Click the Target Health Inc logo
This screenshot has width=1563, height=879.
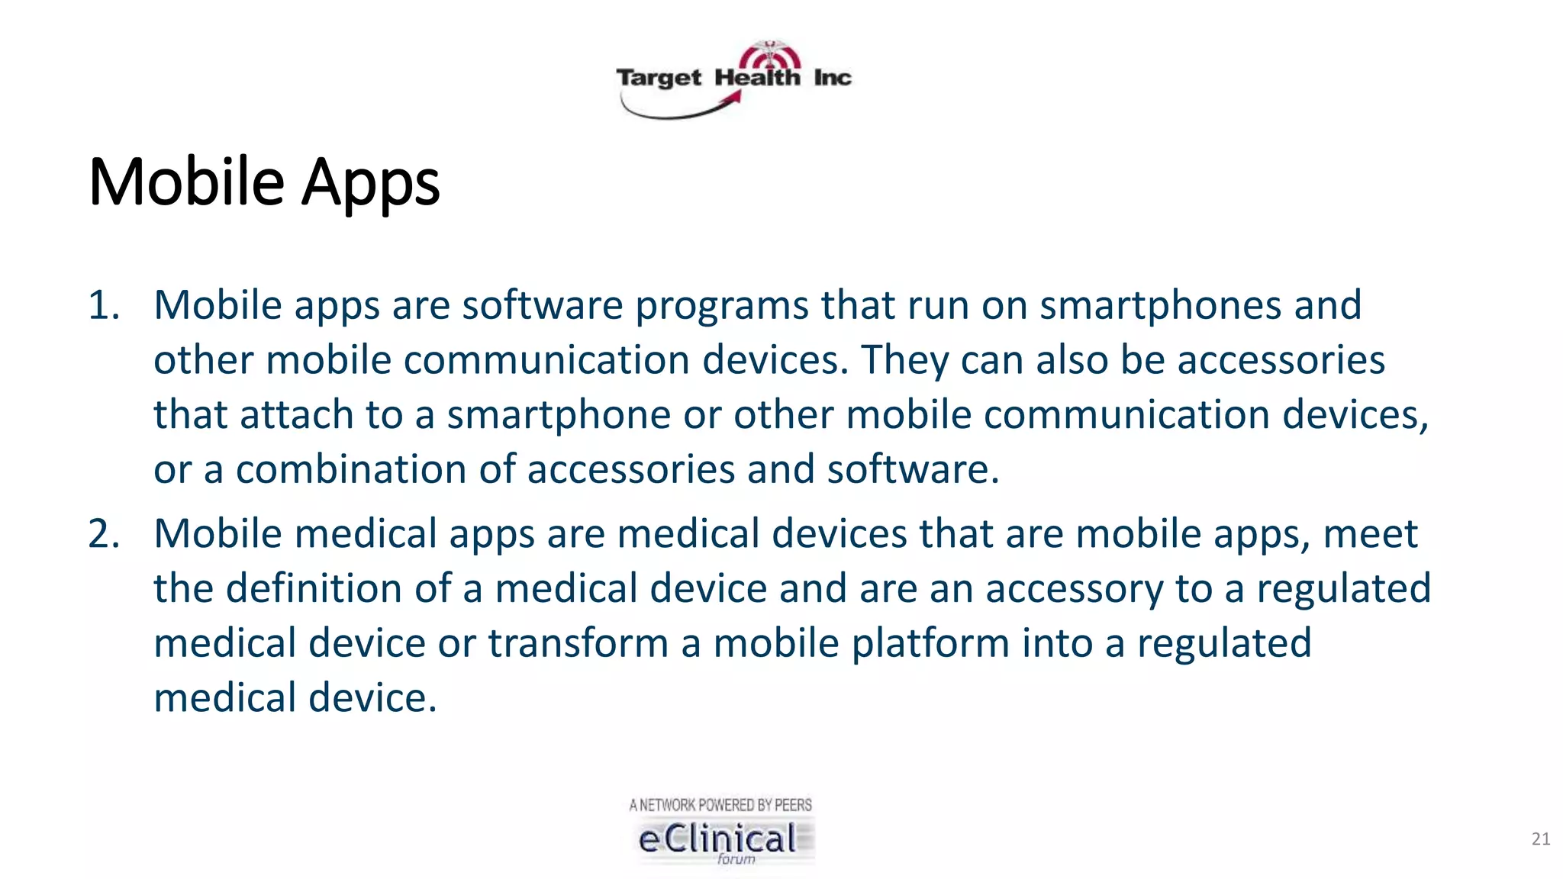tap(733, 79)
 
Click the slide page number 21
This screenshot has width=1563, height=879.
tap(1540, 839)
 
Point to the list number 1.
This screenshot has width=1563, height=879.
tap(104, 305)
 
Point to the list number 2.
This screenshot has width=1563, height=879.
tap(104, 533)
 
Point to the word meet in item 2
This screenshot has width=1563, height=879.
tap(1370, 533)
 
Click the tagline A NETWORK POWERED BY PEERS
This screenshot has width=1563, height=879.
tap(720, 805)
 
